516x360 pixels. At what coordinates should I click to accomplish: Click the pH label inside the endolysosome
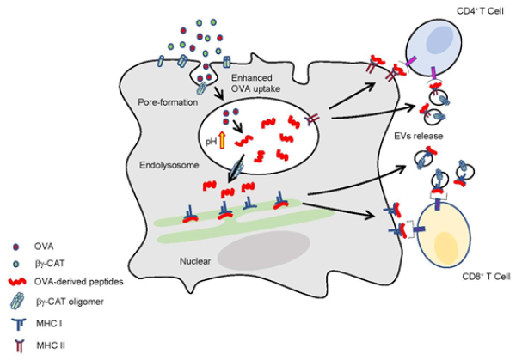tap(209, 139)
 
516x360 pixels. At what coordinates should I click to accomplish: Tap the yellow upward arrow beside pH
tap(221, 138)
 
